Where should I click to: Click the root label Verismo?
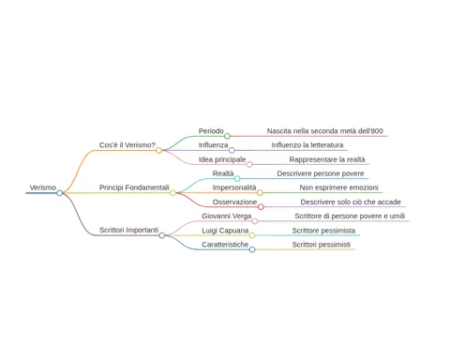pos(43,187)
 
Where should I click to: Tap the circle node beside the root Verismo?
pos(60,193)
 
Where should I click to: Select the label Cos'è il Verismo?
pos(127,145)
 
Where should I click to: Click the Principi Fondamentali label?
pos(134,187)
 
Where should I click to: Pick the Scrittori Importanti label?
pos(128,230)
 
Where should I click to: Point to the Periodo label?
pos(211,131)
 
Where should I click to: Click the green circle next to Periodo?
pos(227,136)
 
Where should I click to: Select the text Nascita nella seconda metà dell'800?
pos(324,131)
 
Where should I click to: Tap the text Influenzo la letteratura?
pos(307,145)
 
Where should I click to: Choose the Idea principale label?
pos(222,159)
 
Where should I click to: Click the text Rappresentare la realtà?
pos(327,159)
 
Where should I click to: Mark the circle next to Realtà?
pos(237,178)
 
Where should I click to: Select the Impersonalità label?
pos(234,187)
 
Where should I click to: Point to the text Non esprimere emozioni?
pos(338,187)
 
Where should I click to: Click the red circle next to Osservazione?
pos(261,207)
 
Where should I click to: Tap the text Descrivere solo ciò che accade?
pos(351,202)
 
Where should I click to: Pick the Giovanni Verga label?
pos(226,216)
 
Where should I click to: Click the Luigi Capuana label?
pos(225,231)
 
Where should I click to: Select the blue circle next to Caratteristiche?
pos(252,249)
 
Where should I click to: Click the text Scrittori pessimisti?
pos(322,245)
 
